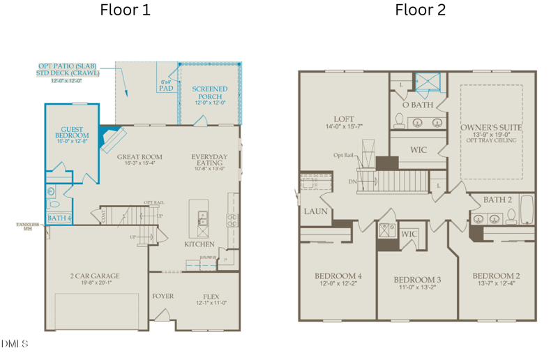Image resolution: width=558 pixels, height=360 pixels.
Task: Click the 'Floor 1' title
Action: pyautogui.click(x=125, y=10)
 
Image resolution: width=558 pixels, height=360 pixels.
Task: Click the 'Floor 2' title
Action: pyautogui.click(x=420, y=10)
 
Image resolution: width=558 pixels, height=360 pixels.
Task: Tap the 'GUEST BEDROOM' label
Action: pyautogui.click(x=72, y=133)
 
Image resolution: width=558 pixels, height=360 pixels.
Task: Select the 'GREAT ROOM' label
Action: pyautogui.click(x=139, y=157)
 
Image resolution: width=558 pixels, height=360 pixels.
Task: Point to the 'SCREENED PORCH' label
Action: pyautogui.click(x=210, y=93)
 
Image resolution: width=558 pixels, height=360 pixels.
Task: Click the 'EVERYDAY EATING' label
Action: pyautogui.click(x=209, y=160)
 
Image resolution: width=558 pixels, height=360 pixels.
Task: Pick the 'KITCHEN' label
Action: pyautogui.click(x=199, y=245)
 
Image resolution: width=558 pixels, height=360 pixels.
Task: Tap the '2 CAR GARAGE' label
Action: pyautogui.click(x=96, y=276)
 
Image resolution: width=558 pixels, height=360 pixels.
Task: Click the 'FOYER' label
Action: pyautogui.click(x=163, y=297)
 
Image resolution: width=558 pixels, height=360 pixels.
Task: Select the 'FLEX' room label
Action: pyautogui.click(x=211, y=297)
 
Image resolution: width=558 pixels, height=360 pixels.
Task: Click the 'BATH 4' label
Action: pyautogui.click(x=59, y=218)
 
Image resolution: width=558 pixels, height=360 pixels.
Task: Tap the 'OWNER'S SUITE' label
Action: pyautogui.click(x=491, y=128)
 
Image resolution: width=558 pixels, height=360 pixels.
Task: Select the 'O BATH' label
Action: pyautogui.click(x=418, y=105)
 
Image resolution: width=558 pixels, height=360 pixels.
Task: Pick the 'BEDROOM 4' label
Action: pyautogui.click(x=338, y=276)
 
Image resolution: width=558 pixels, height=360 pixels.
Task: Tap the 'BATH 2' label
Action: pyautogui.click(x=498, y=200)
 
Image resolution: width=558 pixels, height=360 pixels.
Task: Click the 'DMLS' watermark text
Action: pyautogui.click(x=15, y=344)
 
